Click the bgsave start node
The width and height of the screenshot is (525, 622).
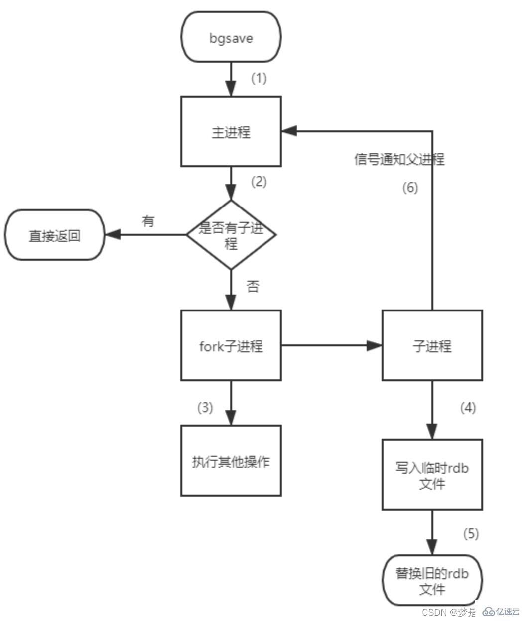pos(231,37)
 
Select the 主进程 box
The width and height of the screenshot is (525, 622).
pos(231,132)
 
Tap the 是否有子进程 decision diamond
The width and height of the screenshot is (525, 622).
pos(231,235)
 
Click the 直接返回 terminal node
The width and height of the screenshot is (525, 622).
pos(54,235)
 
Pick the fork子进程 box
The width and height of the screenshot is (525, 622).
pos(231,346)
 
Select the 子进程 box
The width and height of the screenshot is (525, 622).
pos(432,346)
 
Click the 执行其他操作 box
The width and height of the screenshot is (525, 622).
pos(231,461)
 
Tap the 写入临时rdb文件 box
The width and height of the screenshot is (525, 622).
pos(432,475)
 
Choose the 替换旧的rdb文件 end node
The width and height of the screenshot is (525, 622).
pos(432,580)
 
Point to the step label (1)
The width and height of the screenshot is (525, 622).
pos(259,78)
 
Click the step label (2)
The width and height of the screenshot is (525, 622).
pos(259,182)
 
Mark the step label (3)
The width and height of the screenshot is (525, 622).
pos(205,407)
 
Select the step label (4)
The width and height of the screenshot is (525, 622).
pos(468,408)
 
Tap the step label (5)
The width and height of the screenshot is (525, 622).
pos(471,534)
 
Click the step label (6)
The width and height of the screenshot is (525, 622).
pos(410,188)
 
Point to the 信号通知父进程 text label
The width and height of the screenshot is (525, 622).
pos(399,159)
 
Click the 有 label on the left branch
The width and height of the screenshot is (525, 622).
pos(148,221)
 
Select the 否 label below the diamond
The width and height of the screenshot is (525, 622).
pos(253,286)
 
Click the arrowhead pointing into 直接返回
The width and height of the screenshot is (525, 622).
pos(112,235)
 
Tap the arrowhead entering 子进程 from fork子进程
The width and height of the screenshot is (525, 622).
pos(375,346)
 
